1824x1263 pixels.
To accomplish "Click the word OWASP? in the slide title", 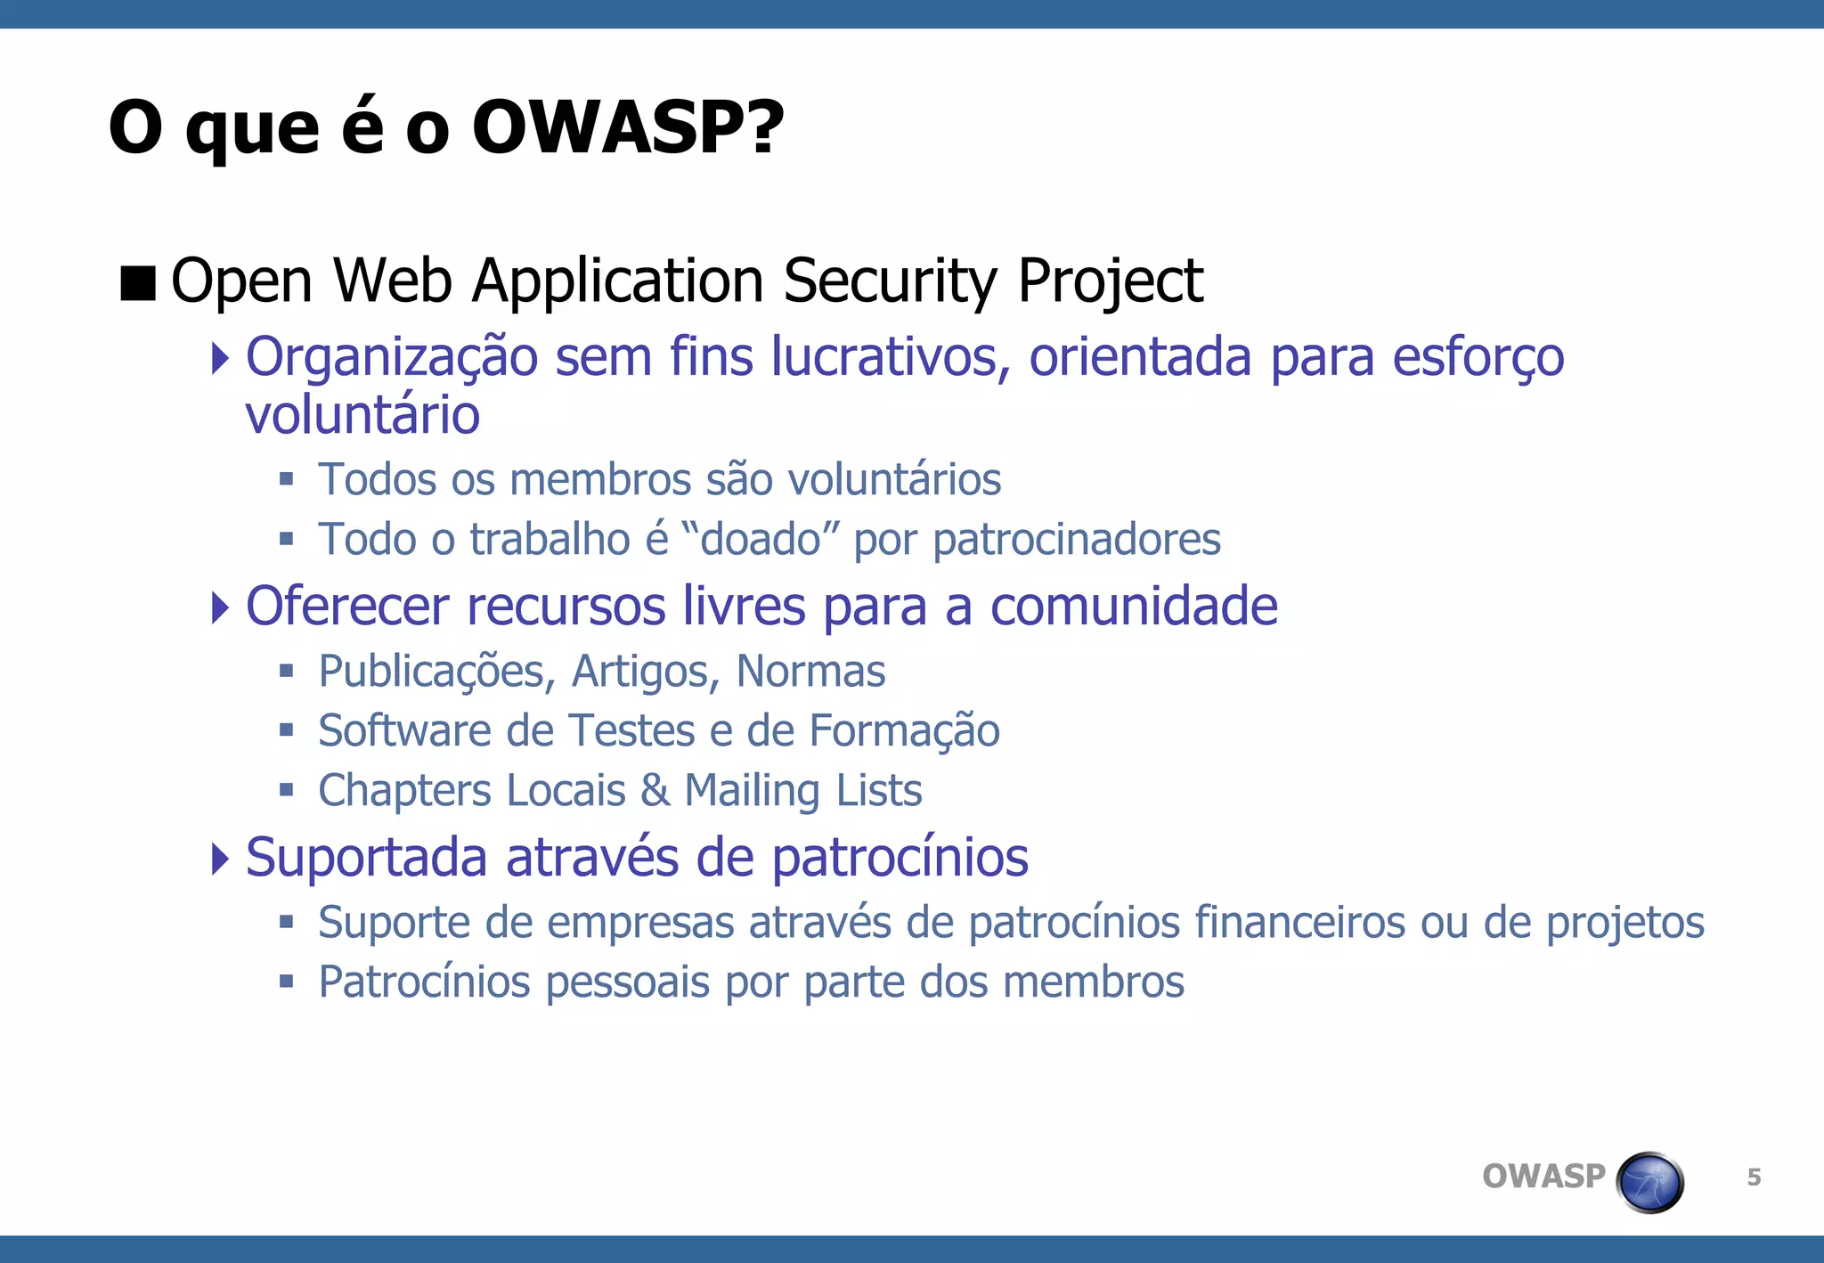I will pyautogui.click(x=627, y=127).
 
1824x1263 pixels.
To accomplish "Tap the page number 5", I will pyautogui.click(x=1754, y=1177).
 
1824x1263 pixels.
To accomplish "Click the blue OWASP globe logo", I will pyautogui.click(x=1649, y=1183).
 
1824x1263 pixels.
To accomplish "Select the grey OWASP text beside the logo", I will pyautogui.click(x=1543, y=1177).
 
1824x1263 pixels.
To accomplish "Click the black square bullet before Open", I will pyautogui.click(x=138, y=283).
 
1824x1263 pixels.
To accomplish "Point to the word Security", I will pyautogui.click(x=891, y=281).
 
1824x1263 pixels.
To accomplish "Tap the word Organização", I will pyautogui.click(x=391, y=358).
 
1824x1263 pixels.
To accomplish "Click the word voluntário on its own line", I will pyautogui.click(x=362, y=415).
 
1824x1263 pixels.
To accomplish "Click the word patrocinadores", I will pyautogui.click(x=1077, y=540).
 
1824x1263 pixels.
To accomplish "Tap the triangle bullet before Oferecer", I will pyautogui.click(x=220, y=607).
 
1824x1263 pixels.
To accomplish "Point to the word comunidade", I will pyautogui.click(x=1134, y=607).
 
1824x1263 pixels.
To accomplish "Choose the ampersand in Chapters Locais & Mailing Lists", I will pyautogui.click(x=655, y=790).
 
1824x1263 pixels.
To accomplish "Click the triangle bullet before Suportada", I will pyautogui.click(x=220, y=859).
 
